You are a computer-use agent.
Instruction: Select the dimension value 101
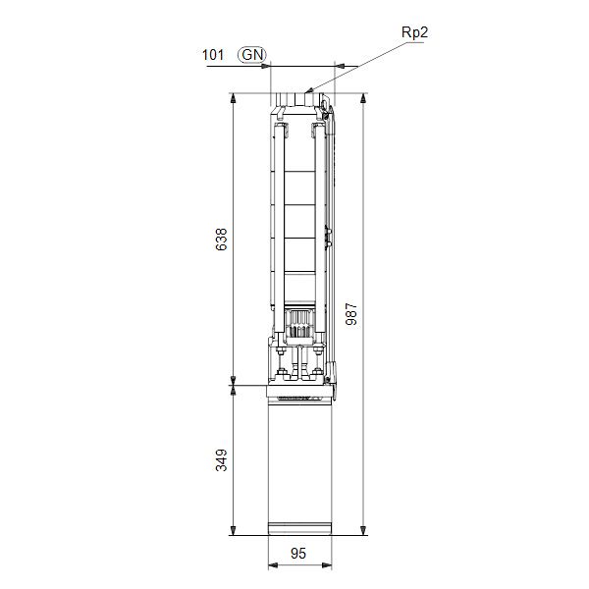pos(213,55)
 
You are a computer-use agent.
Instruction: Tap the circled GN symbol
pos(252,55)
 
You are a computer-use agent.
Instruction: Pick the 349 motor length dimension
pos(221,459)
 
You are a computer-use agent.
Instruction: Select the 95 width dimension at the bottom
pos(299,554)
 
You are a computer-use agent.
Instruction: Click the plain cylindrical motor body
pos(299,461)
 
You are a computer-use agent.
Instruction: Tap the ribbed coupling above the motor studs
pos(299,318)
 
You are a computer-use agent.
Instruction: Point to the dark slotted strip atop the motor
pos(299,399)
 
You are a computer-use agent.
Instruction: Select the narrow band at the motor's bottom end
pos(299,529)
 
